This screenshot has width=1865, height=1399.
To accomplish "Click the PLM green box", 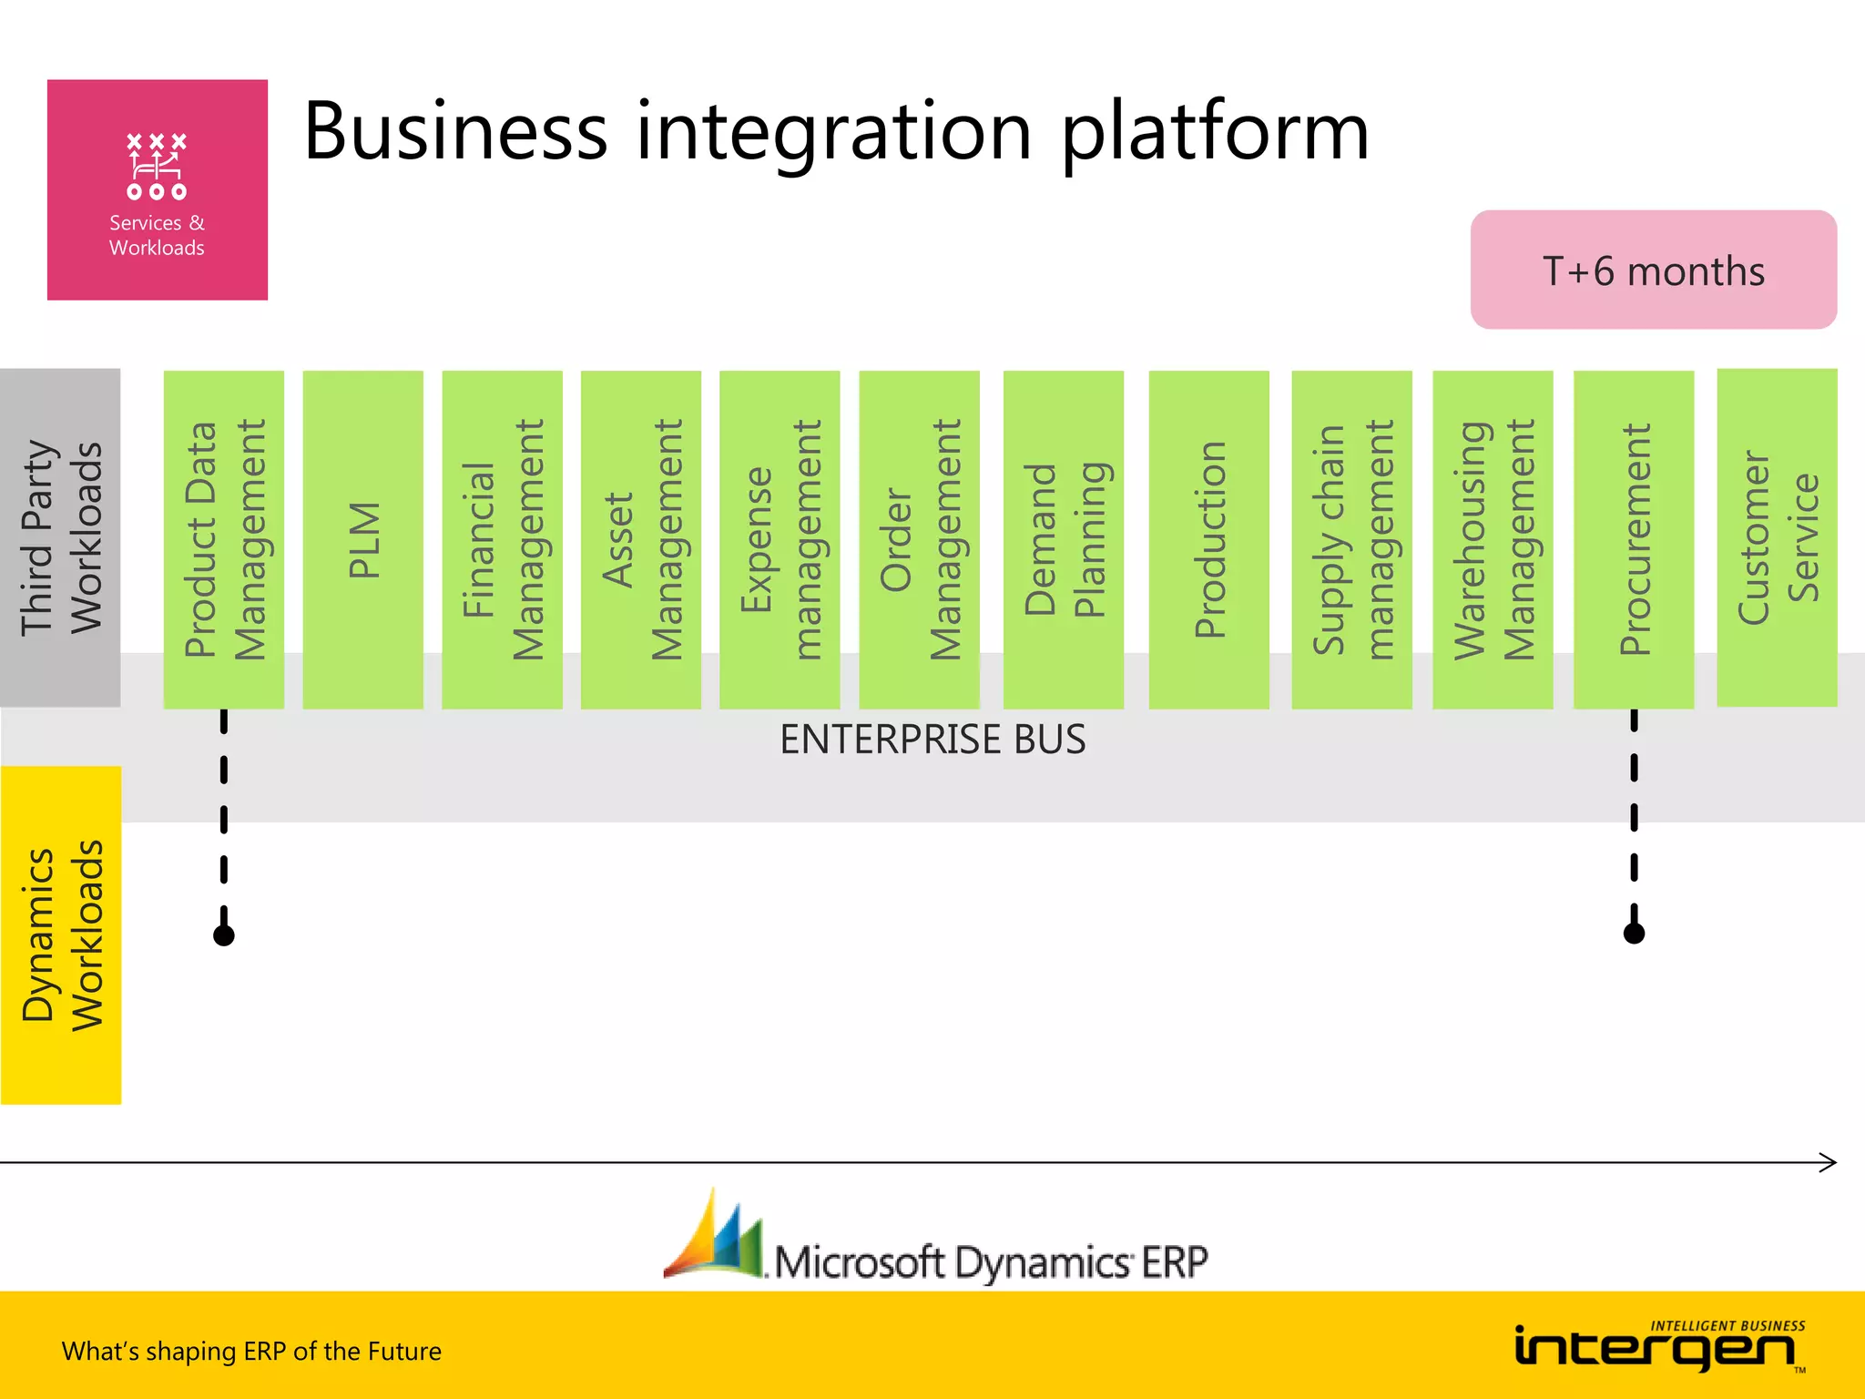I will click(362, 539).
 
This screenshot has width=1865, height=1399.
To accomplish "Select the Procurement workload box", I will click(1634, 539).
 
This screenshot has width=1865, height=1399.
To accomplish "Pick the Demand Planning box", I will click(1063, 539).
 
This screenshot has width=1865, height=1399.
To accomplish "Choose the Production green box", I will click(1208, 539).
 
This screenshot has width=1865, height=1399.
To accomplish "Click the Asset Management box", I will click(640, 539).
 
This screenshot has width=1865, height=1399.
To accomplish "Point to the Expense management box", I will click(780, 539).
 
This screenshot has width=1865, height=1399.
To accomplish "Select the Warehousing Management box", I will click(1493, 539).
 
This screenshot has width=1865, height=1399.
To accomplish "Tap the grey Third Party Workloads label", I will click(60, 537).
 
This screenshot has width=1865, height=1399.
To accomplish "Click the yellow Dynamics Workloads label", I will click(60, 935).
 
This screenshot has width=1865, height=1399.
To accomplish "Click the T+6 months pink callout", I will click(1653, 271).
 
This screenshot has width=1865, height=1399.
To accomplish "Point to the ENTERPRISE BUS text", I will click(932, 739).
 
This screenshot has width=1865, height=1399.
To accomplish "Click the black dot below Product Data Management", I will click(224, 935).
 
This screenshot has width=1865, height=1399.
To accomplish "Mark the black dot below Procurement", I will click(1634, 934).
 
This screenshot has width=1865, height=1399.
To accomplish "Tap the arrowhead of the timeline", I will click(1829, 1162).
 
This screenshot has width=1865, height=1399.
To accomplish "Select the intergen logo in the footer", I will click(1657, 1346).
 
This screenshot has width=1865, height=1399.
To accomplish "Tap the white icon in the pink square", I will click(157, 166).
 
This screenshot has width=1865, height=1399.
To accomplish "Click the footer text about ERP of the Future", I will click(251, 1351).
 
